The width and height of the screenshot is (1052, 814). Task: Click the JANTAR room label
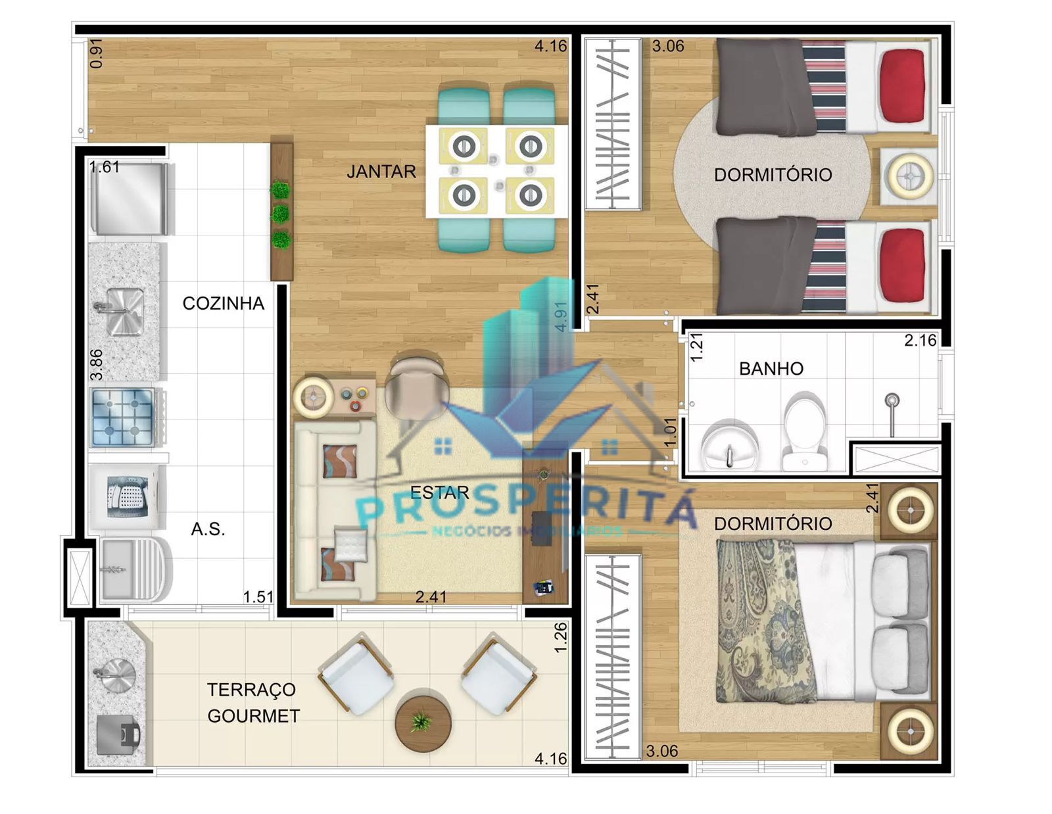coord(381,172)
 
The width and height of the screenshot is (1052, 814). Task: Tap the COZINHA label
coord(223,303)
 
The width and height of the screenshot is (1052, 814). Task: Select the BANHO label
coord(771,368)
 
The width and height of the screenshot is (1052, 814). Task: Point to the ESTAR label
coord(439,492)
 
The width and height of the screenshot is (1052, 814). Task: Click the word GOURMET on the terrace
coord(253,715)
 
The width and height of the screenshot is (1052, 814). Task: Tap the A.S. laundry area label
coord(208,529)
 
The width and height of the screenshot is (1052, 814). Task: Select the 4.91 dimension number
coord(560,316)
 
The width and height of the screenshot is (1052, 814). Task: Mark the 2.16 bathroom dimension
coord(920,340)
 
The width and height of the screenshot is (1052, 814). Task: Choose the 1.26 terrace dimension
coord(561,637)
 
